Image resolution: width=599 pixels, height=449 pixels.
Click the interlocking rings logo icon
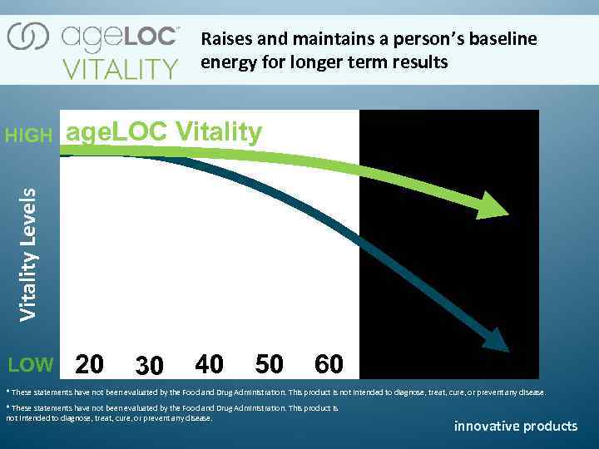pyautogui.click(x=28, y=37)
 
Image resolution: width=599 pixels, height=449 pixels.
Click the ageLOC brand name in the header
pyautogui.click(x=120, y=37)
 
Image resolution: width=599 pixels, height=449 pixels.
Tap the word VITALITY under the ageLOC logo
pyautogui.click(x=121, y=67)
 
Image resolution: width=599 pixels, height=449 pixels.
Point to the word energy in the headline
pyautogui.click(x=225, y=63)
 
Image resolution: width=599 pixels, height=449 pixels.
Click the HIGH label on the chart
pyautogui.click(x=28, y=136)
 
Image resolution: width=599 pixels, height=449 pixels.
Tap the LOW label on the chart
pyautogui.click(x=30, y=364)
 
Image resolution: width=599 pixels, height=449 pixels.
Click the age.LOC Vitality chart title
pyautogui.click(x=164, y=132)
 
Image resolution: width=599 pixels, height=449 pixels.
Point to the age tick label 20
pyautogui.click(x=90, y=364)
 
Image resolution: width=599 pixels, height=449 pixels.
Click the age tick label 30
pyautogui.click(x=149, y=366)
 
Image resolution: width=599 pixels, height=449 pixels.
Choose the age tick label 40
pyautogui.click(x=209, y=364)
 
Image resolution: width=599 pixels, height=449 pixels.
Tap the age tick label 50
pyautogui.click(x=269, y=364)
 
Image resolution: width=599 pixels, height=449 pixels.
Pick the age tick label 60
pyautogui.click(x=329, y=364)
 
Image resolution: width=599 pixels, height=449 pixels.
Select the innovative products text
pyautogui.click(x=515, y=426)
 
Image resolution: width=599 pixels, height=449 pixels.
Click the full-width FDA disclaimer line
pyautogui.click(x=275, y=392)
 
